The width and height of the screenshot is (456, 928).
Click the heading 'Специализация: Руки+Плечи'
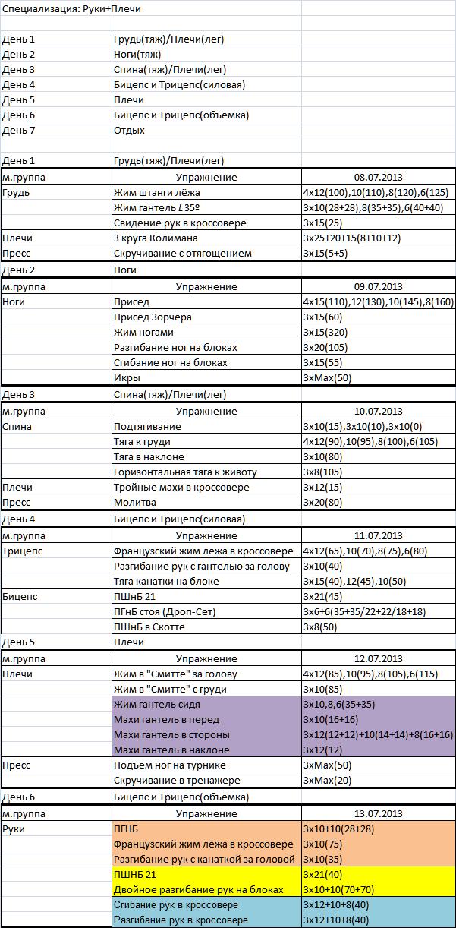point(71,9)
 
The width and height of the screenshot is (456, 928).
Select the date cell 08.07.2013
point(378,177)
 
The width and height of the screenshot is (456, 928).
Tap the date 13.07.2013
point(378,813)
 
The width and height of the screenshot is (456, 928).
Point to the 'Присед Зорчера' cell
point(153,317)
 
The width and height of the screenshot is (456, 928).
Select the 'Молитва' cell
point(134,502)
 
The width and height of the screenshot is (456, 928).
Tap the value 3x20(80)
point(322,502)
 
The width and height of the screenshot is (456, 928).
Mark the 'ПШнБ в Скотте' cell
point(149,627)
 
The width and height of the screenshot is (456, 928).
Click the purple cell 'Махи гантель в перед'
point(166,719)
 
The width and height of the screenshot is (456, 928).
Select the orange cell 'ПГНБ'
point(127,829)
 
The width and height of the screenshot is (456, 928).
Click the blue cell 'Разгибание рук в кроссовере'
point(181,920)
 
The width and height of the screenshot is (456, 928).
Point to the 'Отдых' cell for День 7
point(129,130)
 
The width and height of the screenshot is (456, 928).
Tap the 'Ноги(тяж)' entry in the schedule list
point(137,54)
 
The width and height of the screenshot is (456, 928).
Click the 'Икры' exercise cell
point(127,377)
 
